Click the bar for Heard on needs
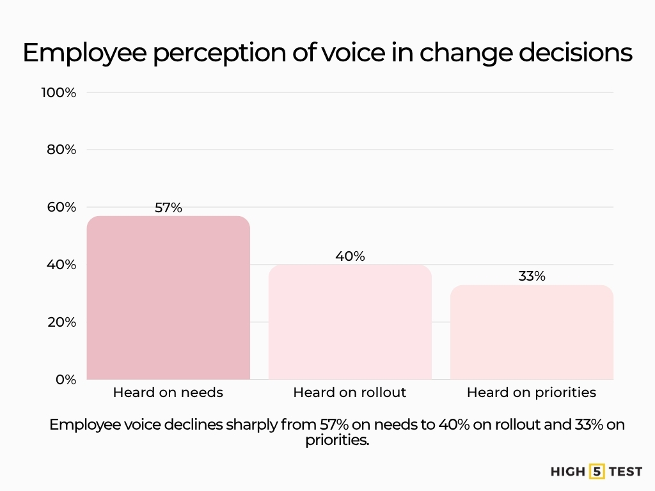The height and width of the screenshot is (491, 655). pos(168,298)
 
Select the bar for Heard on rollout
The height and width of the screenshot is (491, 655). pos(350,322)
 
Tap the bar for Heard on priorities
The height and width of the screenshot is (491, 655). pos(532,332)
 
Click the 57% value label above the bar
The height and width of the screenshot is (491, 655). pos(168,208)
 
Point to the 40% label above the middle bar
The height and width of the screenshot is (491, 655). pos(350,256)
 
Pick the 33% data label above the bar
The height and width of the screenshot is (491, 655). pos(532,276)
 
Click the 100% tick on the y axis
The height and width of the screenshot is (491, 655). pos(59,93)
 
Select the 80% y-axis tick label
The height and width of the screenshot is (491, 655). pos(61,150)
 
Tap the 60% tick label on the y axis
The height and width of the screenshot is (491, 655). pos(61,207)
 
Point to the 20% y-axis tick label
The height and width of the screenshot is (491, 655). pos(61,322)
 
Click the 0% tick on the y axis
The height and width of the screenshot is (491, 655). pos(65,379)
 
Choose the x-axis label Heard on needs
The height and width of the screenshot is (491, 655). pos(168,393)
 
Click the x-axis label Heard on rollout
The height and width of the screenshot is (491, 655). pos(350,393)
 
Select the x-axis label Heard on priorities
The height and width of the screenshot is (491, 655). pos(532,393)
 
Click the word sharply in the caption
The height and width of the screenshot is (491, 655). pos(250,425)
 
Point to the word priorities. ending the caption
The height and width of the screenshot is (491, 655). pos(337,440)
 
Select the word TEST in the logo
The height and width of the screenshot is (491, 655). pos(626,472)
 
